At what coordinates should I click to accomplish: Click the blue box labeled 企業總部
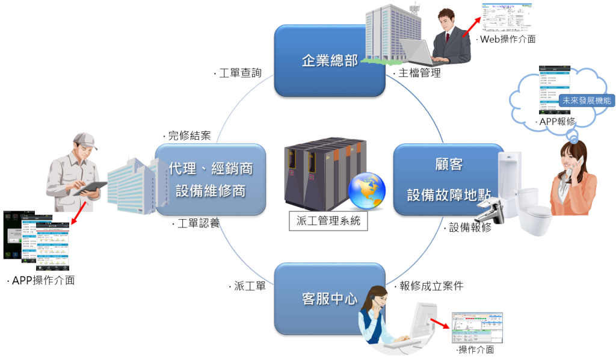329,60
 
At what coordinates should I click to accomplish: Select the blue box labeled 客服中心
329,299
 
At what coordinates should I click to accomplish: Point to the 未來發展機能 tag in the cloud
585,101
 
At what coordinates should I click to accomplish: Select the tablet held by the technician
90,188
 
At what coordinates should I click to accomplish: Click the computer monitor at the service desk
423,321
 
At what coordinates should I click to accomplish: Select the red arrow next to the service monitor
442,324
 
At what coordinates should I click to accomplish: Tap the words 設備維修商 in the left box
211,190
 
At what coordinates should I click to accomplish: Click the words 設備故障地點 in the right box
449,195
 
